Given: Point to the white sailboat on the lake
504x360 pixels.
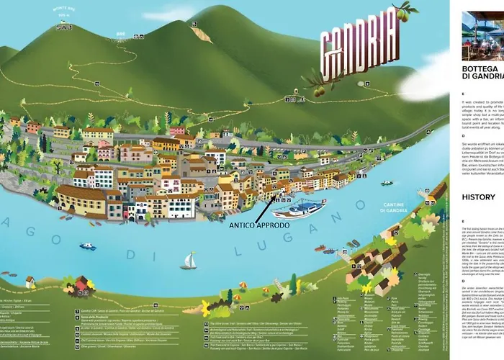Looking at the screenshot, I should pos(189,261).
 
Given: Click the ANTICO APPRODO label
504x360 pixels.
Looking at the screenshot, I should pos(260,225).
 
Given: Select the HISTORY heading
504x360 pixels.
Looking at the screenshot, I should pos(478,197).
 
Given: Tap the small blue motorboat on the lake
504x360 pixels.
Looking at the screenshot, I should pos(88,246).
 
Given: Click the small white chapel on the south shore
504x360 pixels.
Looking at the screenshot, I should pos(30,282).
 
